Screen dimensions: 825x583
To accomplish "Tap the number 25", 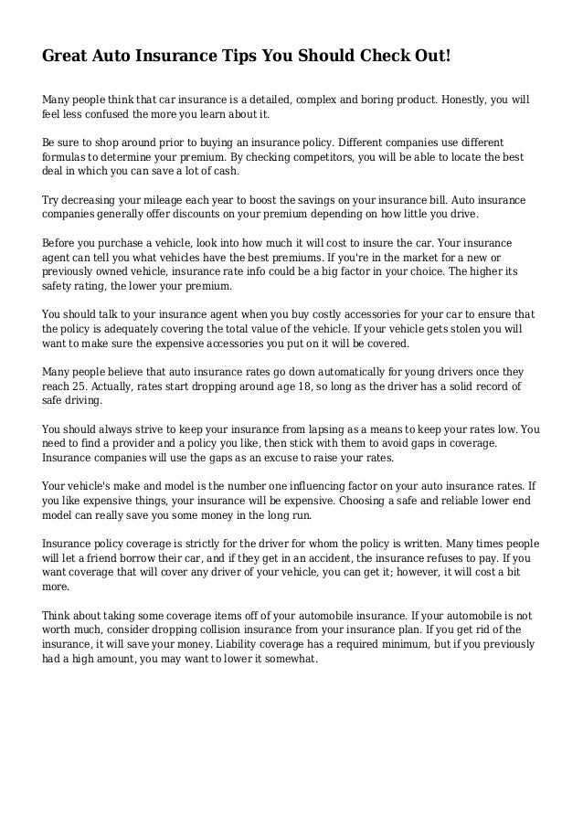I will pos(86,386).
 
